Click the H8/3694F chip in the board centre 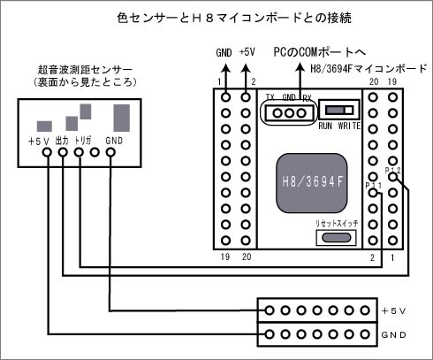pyautogui.click(x=312, y=183)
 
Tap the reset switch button pyautogui.click(x=336, y=237)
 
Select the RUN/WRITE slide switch pyautogui.click(x=339, y=111)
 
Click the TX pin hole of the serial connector pyautogui.click(x=277, y=113)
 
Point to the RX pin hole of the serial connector pyautogui.click(x=301, y=113)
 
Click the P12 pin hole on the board pyautogui.click(x=392, y=177)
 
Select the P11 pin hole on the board pyautogui.click(x=373, y=193)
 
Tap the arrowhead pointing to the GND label pyautogui.click(x=226, y=69)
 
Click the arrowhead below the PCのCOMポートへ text pyautogui.click(x=300, y=67)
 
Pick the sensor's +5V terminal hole pyautogui.click(x=47, y=152)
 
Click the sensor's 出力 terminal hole pyautogui.click(x=63, y=152)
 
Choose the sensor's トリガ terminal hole pyautogui.click(x=79, y=152)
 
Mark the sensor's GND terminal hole pyautogui.click(x=110, y=152)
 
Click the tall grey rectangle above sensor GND pyautogui.click(x=122, y=118)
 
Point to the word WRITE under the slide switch pyautogui.click(x=349, y=126)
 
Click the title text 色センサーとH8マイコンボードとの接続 pyautogui.click(x=234, y=18)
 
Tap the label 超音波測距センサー pyautogui.click(x=86, y=70)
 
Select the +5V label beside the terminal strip pyautogui.click(x=393, y=310)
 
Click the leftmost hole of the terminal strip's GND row pyautogui.click(x=269, y=334)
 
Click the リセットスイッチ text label pyautogui.click(x=337, y=223)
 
